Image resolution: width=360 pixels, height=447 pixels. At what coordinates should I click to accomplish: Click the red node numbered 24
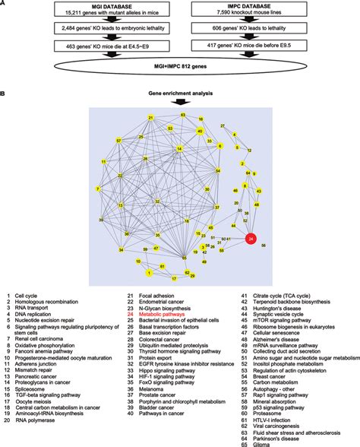click(x=251, y=239)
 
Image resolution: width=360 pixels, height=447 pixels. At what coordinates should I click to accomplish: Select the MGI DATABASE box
click(x=91, y=10)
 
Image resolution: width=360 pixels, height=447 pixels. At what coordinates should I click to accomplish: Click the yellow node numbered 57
click(x=119, y=141)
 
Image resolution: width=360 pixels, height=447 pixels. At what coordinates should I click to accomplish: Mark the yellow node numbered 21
click(x=151, y=117)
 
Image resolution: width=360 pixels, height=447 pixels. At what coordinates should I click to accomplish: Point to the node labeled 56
click(x=264, y=246)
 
